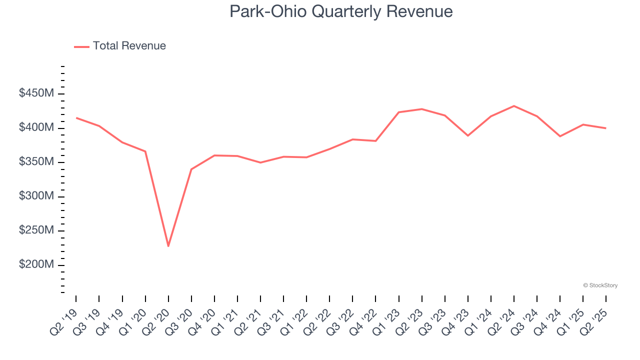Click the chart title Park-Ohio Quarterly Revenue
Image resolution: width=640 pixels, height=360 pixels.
click(341, 11)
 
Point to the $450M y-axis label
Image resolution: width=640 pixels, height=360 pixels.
click(36, 93)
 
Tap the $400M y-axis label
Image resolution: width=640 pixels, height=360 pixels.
click(36, 128)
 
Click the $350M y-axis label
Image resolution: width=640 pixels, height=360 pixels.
click(36, 162)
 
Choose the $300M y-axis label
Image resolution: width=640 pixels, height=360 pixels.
click(36, 196)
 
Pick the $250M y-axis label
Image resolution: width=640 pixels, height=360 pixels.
click(36, 230)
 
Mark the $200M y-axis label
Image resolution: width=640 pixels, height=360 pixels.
click(36, 264)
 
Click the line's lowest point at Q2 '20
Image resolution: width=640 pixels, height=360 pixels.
click(168, 246)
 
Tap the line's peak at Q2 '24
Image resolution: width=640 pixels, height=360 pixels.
click(514, 106)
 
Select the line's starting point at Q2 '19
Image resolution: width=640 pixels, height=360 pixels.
click(76, 118)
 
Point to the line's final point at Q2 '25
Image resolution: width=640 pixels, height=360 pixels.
click(606, 128)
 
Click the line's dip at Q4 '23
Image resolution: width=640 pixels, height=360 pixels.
click(468, 135)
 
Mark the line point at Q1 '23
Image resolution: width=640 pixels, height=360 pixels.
click(399, 112)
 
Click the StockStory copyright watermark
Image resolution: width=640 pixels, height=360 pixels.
click(600, 285)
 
